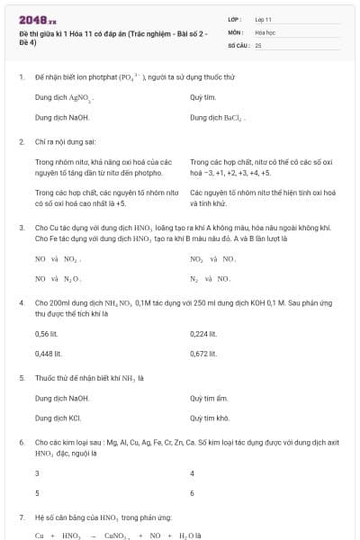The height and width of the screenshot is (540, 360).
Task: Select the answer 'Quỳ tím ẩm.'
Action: [x=210, y=398]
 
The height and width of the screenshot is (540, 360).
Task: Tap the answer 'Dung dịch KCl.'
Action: [x=58, y=418]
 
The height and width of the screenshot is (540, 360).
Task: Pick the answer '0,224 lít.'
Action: [x=204, y=333]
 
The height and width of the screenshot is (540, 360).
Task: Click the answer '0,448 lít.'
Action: [x=49, y=354]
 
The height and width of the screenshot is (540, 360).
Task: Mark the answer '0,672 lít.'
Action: [x=204, y=354]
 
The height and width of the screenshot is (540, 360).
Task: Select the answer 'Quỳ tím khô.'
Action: [x=211, y=418]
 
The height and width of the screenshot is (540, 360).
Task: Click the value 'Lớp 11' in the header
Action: [x=264, y=18]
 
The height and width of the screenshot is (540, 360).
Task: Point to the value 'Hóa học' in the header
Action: [x=265, y=31]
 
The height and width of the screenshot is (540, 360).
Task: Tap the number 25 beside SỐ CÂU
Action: [x=258, y=44]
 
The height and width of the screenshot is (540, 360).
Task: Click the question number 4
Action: [x=21, y=302]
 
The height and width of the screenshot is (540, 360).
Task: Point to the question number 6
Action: [x=21, y=443]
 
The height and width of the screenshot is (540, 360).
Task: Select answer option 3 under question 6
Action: [x=37, y=473]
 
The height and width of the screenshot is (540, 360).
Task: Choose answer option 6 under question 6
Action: [x=193, y=493]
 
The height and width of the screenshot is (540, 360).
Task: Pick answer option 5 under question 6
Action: [x=37, y=493]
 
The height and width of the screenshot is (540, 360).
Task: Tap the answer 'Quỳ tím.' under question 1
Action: [x=202, y=97]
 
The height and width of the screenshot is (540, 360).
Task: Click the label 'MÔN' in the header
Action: [x=235, y=31]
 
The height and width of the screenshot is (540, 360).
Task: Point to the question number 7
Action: [x=21, y=517]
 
